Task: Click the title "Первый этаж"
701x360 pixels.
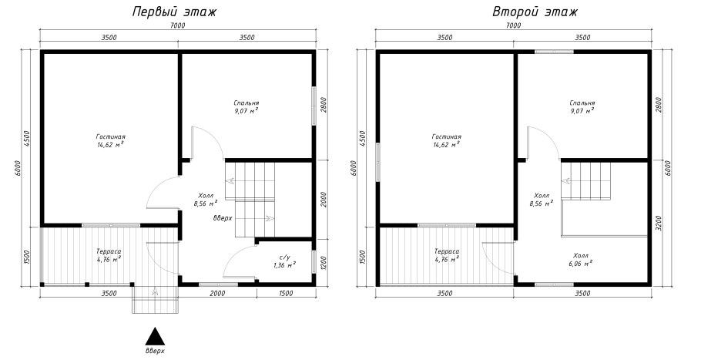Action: click(174, 12)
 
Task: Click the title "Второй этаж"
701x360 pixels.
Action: click(535, 12)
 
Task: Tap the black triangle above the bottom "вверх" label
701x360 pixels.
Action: click(155, 336)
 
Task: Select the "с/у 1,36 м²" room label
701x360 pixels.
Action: click(284, 261)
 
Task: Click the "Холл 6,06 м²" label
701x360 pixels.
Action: click(581, 259)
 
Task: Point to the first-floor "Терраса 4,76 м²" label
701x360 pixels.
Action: click(109, 255)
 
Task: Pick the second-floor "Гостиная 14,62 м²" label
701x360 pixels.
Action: click(446, 140)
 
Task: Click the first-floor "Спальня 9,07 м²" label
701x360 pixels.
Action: click(247, 107)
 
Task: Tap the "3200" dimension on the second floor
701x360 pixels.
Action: click(659, 222)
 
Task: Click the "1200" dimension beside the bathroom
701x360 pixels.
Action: click(324, 263)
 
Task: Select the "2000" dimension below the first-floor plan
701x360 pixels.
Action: click(217, 294)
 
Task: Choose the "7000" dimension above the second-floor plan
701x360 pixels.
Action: click(513, 25)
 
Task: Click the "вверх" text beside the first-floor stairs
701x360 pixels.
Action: click(223, 219)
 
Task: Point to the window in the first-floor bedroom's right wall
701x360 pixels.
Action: click(314, 106)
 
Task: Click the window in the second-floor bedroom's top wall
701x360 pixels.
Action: click(554, 52)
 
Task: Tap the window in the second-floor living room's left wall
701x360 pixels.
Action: click(378, 162)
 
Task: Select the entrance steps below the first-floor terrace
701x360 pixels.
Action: click(155, 299)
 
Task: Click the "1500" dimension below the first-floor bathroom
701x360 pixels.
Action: click(286, 294)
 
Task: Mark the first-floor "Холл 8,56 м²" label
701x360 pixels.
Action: click(205, 200)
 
